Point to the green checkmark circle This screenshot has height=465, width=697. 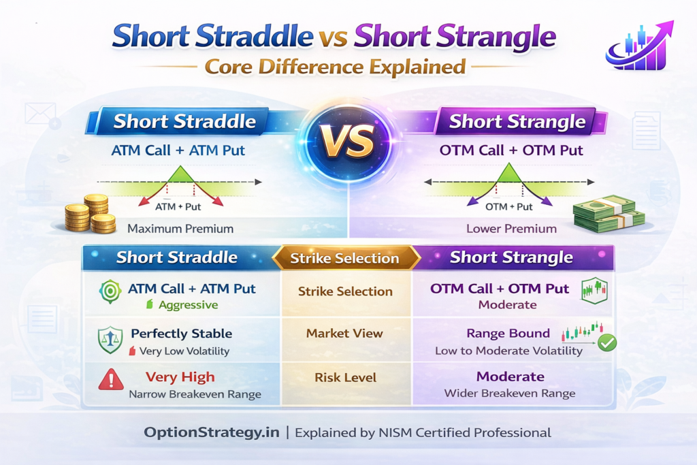click(x=606, y=342)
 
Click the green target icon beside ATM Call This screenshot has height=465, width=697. click(x=110, y=289)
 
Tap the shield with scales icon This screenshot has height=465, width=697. click(x=110, y=340)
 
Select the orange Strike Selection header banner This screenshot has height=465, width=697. click(x=345, y=258)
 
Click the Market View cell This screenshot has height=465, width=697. click(x=345, y=334)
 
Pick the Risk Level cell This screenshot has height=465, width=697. click(x=345, y=377)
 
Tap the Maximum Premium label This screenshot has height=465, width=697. click(x=180, y=229)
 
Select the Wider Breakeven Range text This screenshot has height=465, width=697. click(x=510, y=394)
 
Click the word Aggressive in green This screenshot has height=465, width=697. click(x=188, y=305)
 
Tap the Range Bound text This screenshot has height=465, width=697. click(x=508, y=334)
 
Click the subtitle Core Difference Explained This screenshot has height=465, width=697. click(x=335, y=67)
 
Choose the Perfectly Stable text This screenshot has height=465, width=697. click(x=181, y=334)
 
